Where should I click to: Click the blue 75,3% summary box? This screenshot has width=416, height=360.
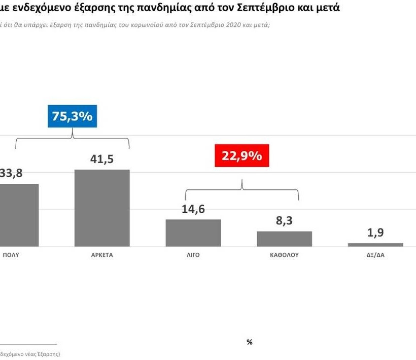(x=72, y=116)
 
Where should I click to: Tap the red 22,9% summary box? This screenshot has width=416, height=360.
(x=241, y=155)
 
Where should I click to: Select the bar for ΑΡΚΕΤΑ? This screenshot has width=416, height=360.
(x=102, y=208)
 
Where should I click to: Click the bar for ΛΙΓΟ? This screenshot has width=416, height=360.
(x=193, y=233)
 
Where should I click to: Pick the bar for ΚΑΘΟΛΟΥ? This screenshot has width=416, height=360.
(x=284, y=239)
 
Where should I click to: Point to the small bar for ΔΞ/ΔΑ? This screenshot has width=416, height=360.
(x=375, y=245)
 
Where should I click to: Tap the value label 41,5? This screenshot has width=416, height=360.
(x=102, y=159)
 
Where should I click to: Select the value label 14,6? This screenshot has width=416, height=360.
(x=193, y=209)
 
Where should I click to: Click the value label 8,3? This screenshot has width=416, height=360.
(x=284, y=221)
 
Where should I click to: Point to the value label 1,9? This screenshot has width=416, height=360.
(x=375, y=233)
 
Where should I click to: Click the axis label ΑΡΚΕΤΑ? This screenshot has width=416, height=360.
(x=102, y=255)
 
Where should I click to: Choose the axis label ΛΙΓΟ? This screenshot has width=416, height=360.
(x=193, y=255)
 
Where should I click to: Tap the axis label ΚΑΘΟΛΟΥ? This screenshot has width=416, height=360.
(x=284, y=255)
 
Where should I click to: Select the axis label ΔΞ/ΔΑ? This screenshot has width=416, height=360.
(x=375, y=255)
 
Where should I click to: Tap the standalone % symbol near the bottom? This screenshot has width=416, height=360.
(x=249, y=342)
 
